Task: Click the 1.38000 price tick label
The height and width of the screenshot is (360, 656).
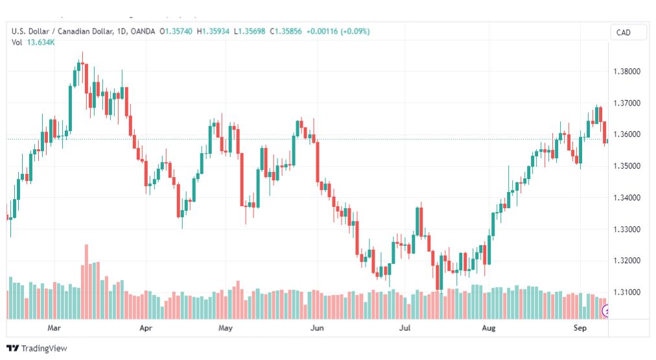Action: (x=627, y=71)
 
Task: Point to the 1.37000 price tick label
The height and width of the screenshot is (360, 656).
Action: (x=627, y=103)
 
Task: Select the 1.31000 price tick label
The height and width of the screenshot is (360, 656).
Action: (x=627, y=292)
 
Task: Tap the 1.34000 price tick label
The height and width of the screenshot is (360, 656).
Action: (x=627, y=198)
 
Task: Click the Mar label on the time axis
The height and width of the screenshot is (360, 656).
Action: (x=54, y=328)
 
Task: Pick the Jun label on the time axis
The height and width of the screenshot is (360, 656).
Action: (x=317, y=328)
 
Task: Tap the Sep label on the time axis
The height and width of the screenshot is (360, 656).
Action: (x=580, y=328)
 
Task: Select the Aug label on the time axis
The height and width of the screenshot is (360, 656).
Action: (x=489, y=328)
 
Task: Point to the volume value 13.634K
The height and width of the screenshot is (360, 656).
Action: (x=41, y=42)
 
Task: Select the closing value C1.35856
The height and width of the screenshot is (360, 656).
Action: (x=286, y=31)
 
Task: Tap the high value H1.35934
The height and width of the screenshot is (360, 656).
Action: (x=213, y=31)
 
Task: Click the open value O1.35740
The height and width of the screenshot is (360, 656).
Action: (x=176, y=31)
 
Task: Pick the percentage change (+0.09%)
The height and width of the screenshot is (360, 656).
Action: (x=355, y=31)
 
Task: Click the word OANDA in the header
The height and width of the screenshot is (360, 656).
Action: (x=143, y=31)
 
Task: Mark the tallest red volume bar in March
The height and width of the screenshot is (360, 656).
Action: (x=87, y=282)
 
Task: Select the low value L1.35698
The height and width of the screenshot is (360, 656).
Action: (x=250, y=31)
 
